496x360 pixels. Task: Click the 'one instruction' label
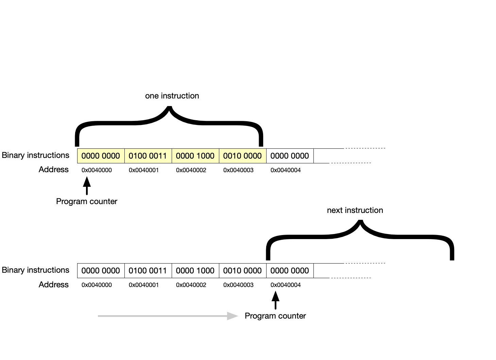point(172,96)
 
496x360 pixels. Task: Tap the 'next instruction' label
point(355,210)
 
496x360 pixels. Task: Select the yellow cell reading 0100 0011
point(148,156)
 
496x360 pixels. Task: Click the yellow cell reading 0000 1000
point(195,156)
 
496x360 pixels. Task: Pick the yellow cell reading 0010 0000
point(242,156)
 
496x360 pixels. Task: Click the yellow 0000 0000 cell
point(101,156)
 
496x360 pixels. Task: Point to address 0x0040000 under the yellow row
point(97,170)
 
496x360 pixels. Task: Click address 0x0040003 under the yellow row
point(238,170)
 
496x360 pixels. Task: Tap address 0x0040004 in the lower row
point(286,285)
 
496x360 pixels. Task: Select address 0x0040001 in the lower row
point(144,285)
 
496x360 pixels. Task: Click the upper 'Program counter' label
point(87,201)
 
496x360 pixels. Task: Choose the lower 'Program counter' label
point(275,316)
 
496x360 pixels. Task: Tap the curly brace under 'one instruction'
point(169,122)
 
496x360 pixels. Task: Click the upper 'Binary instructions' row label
point(35,155)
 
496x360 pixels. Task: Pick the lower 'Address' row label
point(53,285)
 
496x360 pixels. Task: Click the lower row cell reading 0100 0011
point(148,271)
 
